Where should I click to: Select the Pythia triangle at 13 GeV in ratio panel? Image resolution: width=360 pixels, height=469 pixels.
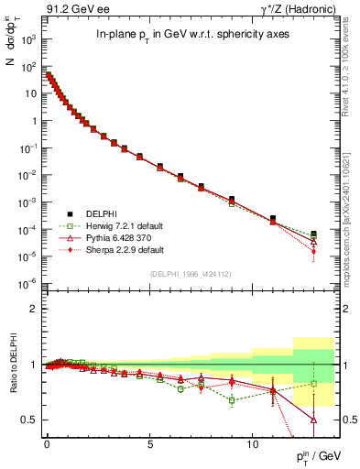pyautogui.click(x=314, y=420)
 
